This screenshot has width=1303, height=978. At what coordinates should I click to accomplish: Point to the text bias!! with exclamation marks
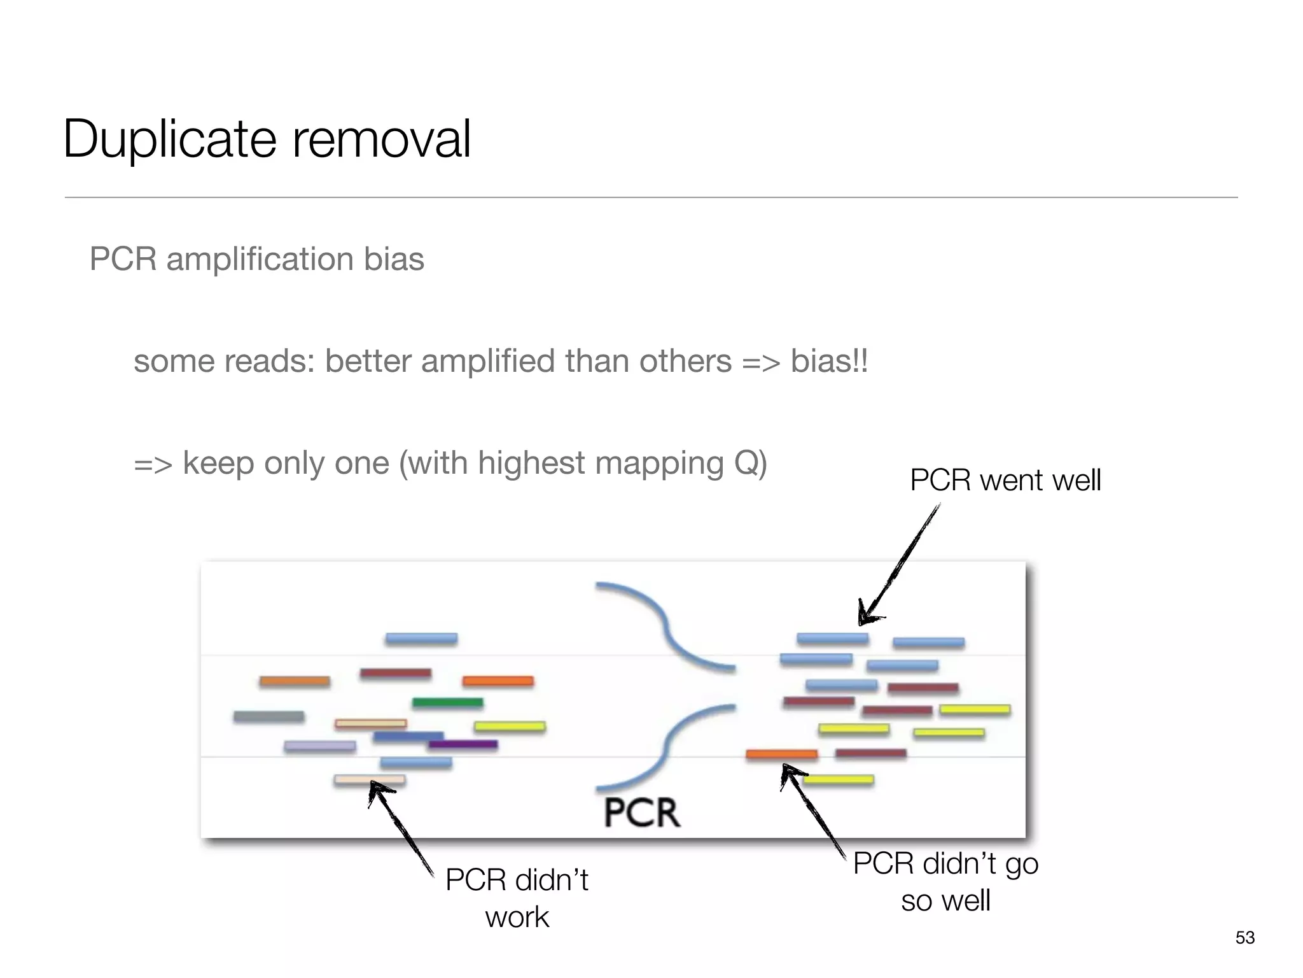(829, 362)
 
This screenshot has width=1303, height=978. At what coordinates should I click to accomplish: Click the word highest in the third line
(532, 463)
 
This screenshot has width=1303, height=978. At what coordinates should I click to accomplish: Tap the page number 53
(1244, 937)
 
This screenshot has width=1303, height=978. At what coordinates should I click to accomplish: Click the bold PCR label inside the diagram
(641, 812)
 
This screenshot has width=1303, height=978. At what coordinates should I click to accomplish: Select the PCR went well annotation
(1005, 480)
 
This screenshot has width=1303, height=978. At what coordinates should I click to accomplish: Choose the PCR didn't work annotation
(517, 898)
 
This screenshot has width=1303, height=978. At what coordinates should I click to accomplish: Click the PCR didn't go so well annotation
(945, 882)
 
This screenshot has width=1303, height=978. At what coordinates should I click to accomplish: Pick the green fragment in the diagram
(447, 703)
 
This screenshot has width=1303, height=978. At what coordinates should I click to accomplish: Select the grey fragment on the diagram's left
(268, 716)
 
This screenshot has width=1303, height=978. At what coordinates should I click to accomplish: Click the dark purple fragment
(463, 744)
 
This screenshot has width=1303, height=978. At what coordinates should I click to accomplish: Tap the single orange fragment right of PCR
(781, 755)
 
